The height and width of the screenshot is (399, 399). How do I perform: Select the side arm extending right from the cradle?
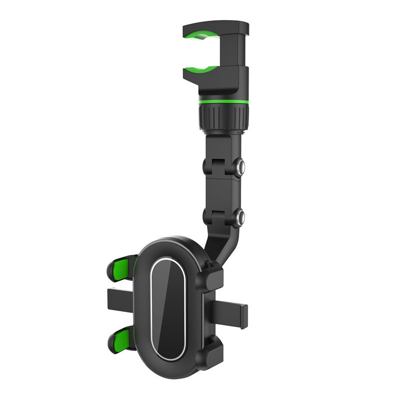tap(229, 312)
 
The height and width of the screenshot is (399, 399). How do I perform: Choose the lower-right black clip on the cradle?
tap(210, 349)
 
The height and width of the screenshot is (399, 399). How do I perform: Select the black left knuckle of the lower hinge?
tap(208, 217)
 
